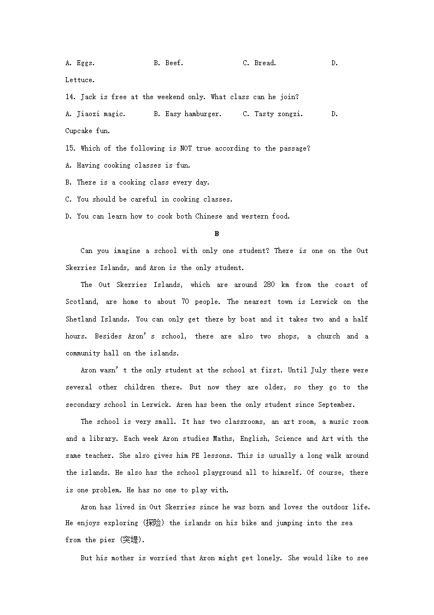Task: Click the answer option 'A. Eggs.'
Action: click(80, 63)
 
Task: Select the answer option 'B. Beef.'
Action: click(168, 63)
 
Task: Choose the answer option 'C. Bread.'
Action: click(260, 63)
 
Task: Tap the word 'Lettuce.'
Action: click(80, 80)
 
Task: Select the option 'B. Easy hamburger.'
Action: click(187, 114)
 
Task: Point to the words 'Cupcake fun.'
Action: click(87, 131)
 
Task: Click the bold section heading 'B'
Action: click(216, 234)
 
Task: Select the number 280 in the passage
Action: click(269, 285)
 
